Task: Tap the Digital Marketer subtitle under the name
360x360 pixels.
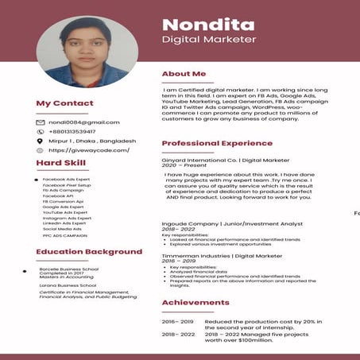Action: pyautogui.click(x=208, y=39)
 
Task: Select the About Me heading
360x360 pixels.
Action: pyautogui.click(x=184, y=74)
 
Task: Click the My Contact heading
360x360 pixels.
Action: pyautogui.click(x=64, y=103)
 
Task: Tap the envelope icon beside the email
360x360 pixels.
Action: pyautogui.click(x=40, y=122)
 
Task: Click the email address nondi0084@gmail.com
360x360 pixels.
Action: pyautogui.click(x=83, y=122)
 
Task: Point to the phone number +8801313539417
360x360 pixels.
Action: pyautogui.click(x=78, y=132)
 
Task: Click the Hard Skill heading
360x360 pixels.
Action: pyautogui.click(x=60, y=163)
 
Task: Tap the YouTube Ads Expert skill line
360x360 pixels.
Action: pyautogui.click(x=65, y=213)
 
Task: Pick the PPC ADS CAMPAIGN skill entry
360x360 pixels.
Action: pyautogui.click(x=65, y=235)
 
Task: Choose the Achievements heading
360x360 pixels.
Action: pyautogui.click(x=195, y=303)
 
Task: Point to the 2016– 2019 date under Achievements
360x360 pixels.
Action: pyautogui.click(x=177, y=321)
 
